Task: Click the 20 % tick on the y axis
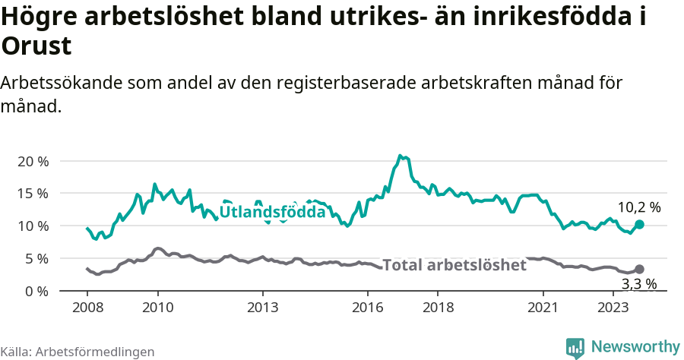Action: [x=32, y=161]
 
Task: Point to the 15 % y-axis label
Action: [x=32, y=194]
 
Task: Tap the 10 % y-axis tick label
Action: [x=32, y=226]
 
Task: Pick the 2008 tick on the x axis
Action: [x=87, y=308]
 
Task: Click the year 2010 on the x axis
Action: [x=157, y=308]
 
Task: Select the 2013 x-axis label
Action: [x=262, y=308]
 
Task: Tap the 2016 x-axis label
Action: [x=368, y=308]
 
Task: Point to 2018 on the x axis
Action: [x=438, y=308]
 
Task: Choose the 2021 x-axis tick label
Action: [x=543, y=308]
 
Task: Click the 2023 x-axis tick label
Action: [x=613, y=308]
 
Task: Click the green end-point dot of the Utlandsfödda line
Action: [x=639, y=224]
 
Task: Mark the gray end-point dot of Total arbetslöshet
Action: [x=639, y=269]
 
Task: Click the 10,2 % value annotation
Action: [x=638, y=207]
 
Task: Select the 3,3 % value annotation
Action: [x=638, y=285]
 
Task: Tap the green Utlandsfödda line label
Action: [x=272, y=213]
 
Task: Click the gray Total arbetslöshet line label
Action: [x=454, y=265]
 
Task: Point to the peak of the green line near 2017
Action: [x=401, y=156]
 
